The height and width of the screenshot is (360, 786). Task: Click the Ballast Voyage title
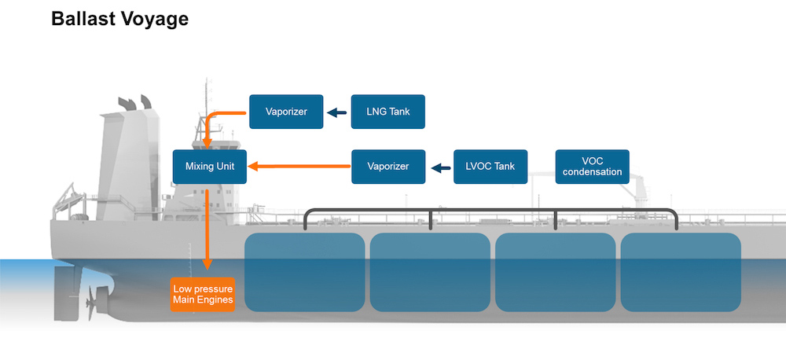tap(119, 19)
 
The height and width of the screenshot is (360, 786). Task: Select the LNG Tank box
tap(388, 112)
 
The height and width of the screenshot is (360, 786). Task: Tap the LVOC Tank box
tap(490, 167)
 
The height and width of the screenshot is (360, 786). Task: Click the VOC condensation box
tap(593, 167)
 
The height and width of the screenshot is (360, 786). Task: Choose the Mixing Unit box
tap(210, 167)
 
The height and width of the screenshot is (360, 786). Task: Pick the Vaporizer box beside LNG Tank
tap(286, 112)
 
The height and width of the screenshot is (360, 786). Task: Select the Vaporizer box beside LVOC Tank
tap(388, 167)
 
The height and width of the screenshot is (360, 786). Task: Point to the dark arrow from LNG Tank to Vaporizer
tap(337, 112)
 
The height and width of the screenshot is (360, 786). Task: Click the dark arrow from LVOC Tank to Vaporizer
tap(440, 167)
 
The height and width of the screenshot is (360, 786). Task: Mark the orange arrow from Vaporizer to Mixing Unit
tap(299, 167)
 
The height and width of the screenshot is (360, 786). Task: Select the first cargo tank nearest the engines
tap(305, 271)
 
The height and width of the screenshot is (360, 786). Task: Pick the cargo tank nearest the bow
tap(681, 271)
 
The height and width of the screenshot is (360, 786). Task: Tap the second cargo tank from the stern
tap(430, 271)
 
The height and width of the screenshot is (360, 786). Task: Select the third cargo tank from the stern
tap(555, 271)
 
